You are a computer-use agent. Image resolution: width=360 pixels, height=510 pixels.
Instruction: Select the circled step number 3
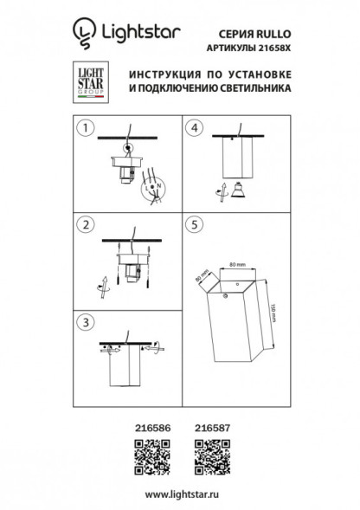[x=85, y=322]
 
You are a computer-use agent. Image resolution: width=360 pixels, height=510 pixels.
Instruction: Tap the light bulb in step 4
[x=232, y=191]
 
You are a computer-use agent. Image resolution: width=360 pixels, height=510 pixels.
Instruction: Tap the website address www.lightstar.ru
[x=180, y=490]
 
